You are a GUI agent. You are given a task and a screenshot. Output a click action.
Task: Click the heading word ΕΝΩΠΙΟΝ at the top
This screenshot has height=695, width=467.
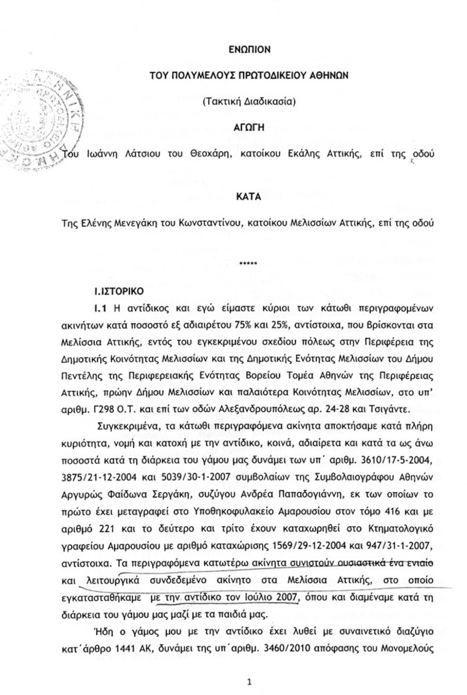248,49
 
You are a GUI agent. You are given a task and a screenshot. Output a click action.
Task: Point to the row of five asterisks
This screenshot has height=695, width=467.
248,265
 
